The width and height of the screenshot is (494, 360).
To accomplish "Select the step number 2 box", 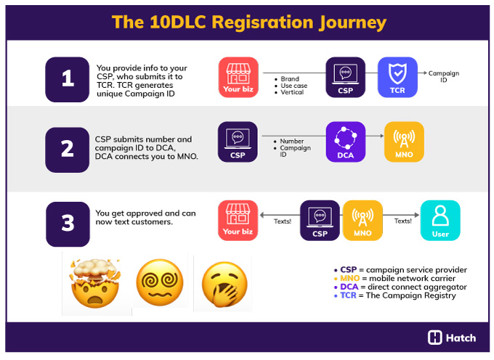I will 68,149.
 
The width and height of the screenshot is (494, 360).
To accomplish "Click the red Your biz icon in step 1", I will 238,77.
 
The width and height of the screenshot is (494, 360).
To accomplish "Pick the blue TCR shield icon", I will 397,77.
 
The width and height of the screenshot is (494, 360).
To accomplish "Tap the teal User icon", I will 440,220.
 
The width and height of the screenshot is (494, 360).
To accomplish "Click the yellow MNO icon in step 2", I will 403,142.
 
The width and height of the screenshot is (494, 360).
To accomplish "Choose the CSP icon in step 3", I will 320,220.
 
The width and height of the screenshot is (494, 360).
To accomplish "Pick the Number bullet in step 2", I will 291,142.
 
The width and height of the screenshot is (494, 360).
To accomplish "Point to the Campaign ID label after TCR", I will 443,76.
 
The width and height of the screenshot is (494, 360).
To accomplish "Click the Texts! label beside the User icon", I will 402,221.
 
